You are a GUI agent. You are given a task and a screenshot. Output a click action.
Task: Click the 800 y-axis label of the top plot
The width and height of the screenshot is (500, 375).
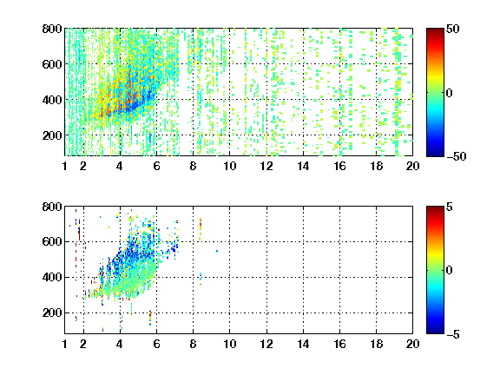(52, 29)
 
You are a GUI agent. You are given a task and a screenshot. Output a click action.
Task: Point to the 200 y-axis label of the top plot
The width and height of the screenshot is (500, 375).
(52, 135)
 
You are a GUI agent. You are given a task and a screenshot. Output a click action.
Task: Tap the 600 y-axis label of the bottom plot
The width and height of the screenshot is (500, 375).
(52, 241)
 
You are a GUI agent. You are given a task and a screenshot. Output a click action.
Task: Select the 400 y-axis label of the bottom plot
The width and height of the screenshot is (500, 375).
(52, 277)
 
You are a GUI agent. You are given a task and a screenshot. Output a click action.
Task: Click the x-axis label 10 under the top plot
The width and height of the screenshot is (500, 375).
(229, 166)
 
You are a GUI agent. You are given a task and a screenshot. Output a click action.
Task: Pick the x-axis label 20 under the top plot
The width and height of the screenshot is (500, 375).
(412, 166)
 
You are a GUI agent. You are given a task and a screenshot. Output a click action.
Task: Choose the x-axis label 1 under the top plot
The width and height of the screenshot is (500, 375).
(65, 166)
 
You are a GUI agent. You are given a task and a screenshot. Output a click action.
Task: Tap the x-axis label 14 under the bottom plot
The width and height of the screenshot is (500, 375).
(303, 344)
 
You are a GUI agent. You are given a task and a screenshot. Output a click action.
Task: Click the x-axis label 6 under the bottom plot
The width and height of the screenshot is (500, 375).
(156, 344)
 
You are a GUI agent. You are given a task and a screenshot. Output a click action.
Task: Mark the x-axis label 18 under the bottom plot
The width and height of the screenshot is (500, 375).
(376, 344)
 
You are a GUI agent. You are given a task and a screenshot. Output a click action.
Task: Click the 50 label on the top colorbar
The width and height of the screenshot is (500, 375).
(452, 29)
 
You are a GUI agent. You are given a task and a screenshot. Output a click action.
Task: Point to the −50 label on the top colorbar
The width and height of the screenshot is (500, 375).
(456, 156)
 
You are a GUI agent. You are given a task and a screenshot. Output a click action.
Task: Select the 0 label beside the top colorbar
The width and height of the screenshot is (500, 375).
(450, 93)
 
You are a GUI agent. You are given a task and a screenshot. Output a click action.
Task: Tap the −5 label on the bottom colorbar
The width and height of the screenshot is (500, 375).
(453, 334)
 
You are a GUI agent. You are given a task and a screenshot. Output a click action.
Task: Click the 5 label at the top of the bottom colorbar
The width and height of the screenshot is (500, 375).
(450, 207)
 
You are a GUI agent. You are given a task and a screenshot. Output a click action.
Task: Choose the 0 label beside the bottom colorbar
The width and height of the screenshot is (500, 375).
(450, 271)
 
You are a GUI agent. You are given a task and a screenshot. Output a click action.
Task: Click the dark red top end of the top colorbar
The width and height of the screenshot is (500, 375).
(435, 30)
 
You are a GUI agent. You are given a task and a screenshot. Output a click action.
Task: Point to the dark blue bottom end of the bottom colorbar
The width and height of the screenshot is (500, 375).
(435, 332)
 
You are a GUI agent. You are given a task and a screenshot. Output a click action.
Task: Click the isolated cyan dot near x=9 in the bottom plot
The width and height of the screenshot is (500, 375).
(217, 251)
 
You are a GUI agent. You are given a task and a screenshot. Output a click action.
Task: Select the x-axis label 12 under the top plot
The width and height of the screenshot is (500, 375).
(266, 166)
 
